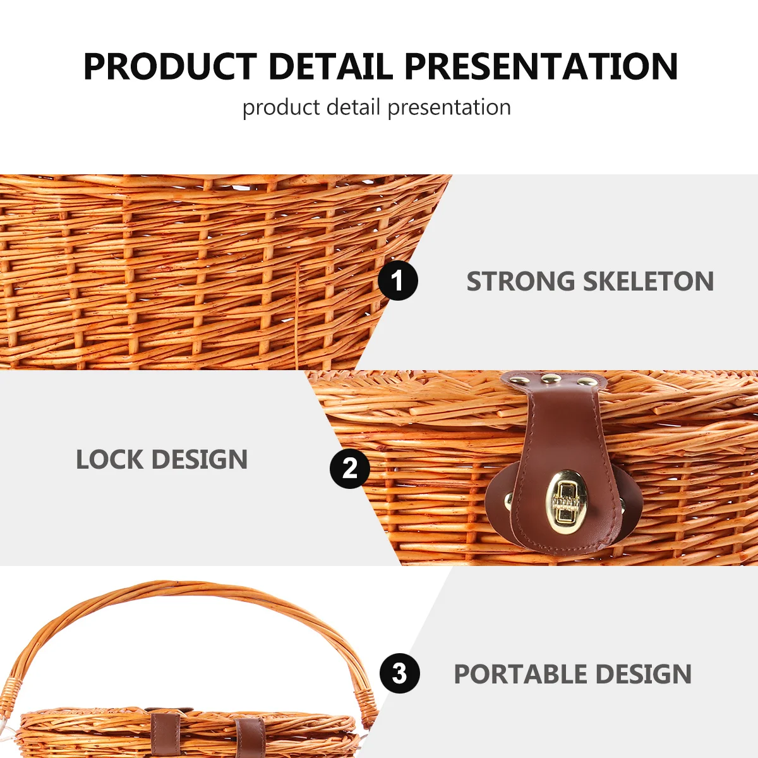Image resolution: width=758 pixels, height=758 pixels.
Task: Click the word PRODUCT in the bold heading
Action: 170,66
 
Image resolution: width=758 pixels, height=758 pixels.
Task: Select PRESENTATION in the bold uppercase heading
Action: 541,66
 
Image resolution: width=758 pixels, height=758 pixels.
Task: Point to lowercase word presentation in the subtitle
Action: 449,108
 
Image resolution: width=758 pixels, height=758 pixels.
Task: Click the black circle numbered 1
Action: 398,280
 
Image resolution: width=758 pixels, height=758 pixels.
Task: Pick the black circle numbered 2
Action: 349,468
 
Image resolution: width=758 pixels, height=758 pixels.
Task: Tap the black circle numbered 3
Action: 399,673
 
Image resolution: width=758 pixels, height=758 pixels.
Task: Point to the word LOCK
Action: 109,460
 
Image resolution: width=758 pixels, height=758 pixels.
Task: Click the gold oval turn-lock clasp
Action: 567,501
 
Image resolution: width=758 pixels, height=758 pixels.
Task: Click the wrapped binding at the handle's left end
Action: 11,695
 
